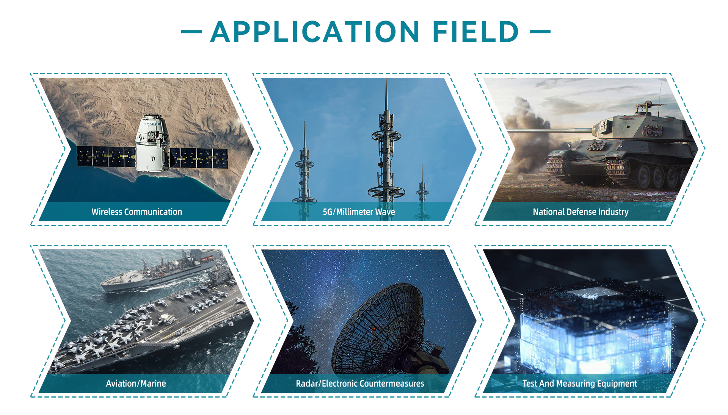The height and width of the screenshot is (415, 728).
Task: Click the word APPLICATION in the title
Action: coord(315,32)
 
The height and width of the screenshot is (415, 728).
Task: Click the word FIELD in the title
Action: coord(475,32)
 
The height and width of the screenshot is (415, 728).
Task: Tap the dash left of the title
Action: coord(191,32)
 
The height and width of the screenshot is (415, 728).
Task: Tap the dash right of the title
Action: coord(540,32)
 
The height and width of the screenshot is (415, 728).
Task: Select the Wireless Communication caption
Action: coord(136,212)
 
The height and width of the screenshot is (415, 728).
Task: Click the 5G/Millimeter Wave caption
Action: coord(359,212)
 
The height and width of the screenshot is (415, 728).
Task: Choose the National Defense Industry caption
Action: coord(581,212)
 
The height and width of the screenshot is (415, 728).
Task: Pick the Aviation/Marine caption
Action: coord(136,384)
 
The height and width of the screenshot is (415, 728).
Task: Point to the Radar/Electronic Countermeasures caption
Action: coord(360,384)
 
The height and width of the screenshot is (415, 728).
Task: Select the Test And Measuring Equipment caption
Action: coord(579,384)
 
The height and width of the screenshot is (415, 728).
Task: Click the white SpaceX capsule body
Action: coord(152,144)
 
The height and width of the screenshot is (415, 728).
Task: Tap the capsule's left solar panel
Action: coord(106,157)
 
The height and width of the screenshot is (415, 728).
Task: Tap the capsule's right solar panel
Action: coord(199,158)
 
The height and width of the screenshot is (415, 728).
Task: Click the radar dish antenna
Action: coord(379,326)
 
